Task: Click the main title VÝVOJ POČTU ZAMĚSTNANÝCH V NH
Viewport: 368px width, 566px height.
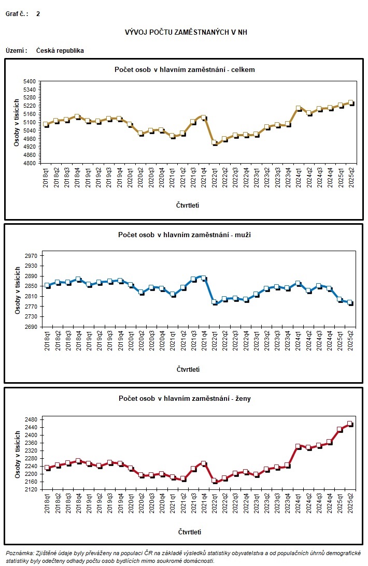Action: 186,32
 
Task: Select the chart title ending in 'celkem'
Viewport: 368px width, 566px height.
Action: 185,69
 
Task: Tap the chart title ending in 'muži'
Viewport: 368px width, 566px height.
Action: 185,235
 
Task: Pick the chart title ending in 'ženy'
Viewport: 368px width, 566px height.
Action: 185,398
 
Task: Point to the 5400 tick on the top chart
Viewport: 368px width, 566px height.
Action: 30,82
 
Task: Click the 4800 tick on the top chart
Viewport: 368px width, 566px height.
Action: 30,164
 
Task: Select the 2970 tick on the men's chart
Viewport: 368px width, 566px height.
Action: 30,256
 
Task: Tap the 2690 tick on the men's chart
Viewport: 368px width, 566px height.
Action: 30,327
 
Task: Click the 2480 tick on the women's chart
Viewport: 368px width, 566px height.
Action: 30,420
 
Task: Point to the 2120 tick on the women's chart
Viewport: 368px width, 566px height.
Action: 30,489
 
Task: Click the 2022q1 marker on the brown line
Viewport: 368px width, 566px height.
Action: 215,142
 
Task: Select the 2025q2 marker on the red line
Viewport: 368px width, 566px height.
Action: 350,424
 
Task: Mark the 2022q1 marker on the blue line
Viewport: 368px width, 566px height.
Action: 215,302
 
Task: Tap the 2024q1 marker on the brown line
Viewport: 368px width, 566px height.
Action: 298,108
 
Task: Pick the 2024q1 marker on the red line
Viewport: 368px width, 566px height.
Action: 298,446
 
